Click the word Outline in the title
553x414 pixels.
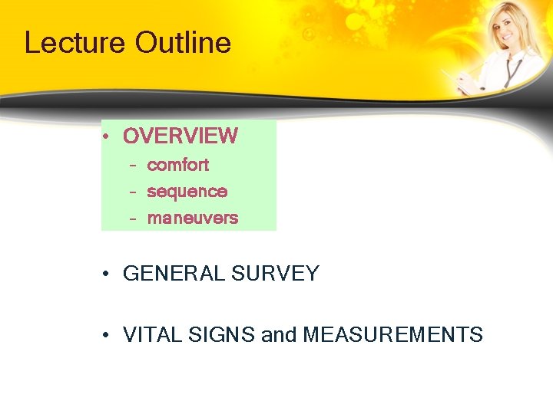click(183, 43)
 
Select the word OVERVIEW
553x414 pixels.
click(180, 136)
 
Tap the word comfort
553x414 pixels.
click(177, 165)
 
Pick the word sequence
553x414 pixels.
click(187, 192)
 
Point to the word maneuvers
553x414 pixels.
click(192, 219)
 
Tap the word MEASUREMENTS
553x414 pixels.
click(392, 335)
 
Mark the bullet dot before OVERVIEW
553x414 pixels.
click(108, 137)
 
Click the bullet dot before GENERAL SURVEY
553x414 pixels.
click(108, 274)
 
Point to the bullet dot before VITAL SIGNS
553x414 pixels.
click(108, 336)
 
